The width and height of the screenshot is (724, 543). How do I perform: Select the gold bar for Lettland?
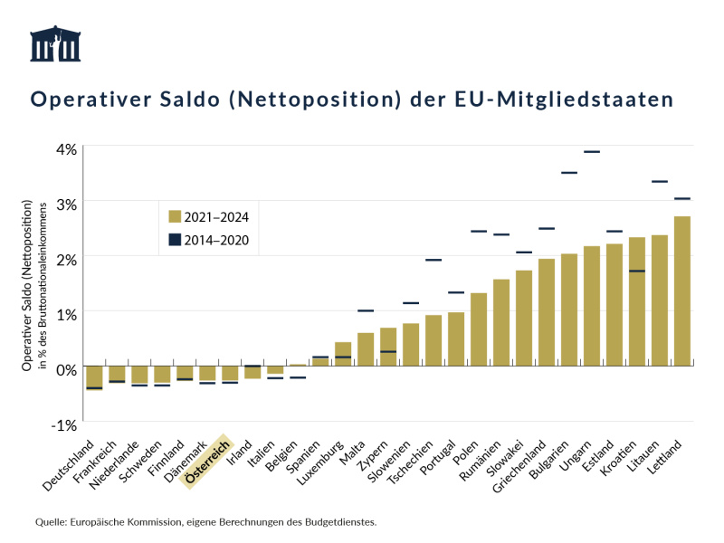point(682,291)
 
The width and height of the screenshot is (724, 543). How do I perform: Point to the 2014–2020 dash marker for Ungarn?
point(592,152)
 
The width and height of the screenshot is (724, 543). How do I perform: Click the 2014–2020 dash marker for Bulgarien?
point(569,173)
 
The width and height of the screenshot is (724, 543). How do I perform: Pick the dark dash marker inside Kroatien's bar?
point(637,271)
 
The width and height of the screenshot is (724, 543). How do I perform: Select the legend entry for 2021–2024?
point(208,216)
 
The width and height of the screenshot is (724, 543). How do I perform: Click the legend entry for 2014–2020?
point(208,241)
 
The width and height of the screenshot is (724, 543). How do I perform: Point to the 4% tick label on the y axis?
point(66,148)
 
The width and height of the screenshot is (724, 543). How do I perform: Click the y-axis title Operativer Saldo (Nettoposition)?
point(28,284)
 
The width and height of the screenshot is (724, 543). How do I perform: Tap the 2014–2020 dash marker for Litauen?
point(660,182)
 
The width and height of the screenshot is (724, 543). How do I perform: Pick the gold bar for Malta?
point(366,349)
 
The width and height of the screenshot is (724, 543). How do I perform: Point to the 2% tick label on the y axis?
point(66,258)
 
